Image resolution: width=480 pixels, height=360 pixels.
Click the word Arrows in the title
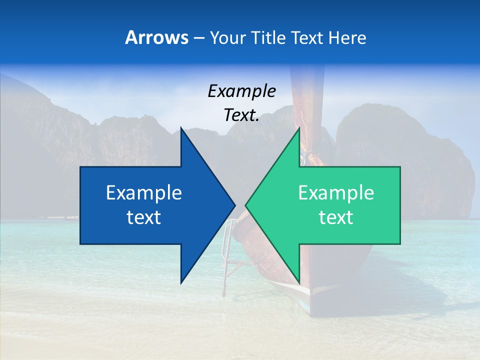tap(157, 37)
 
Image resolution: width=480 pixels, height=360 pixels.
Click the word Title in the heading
tap(269, 37)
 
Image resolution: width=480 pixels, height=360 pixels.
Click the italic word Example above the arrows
tap(241, 91)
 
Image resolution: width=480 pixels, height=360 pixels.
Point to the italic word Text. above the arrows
tap(241, 115)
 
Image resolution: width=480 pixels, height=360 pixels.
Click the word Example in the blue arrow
tap(144, 193)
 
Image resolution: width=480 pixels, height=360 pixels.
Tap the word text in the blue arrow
tap(144, 217)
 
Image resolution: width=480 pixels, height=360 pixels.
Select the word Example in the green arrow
tap(336, 193)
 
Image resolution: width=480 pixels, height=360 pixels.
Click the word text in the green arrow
tap(336, 217)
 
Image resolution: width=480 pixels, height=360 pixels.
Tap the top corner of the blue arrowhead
tap(181, 128)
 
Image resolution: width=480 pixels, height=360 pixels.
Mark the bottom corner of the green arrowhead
tap(299, 282)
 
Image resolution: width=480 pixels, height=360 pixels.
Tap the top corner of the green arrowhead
tap(299, 128)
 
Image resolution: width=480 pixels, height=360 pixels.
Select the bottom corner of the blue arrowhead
tap(181, 282)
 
